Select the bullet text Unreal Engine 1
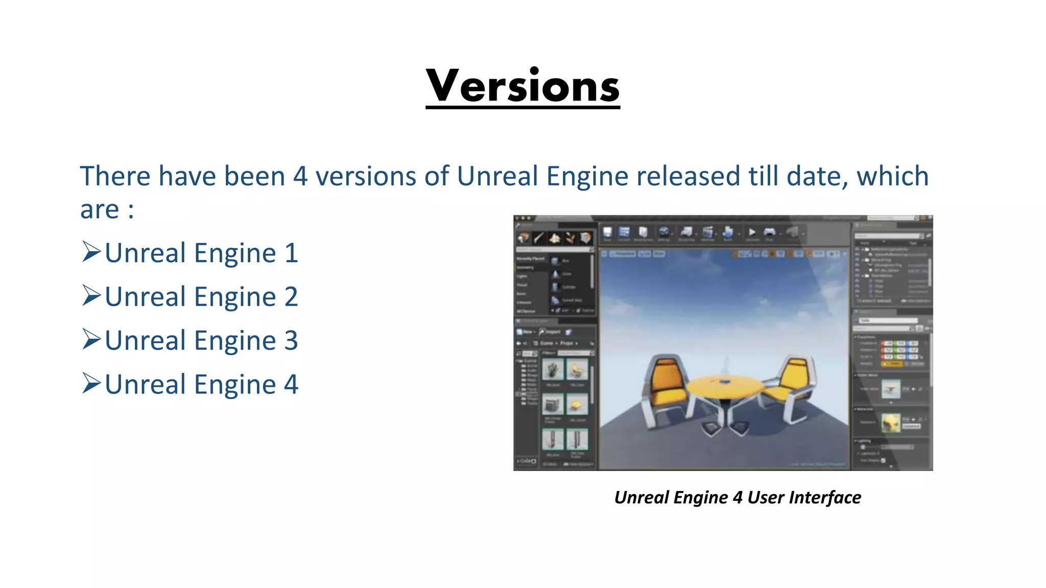point(201,253)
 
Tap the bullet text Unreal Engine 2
point(201,297)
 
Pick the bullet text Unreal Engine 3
point(201,341)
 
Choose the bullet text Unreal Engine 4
point(201,385)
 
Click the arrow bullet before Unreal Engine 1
point(91,252)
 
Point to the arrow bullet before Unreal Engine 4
point(91,383)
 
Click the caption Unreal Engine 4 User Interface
point(737,498)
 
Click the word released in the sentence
point(688,177)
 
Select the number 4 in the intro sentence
point(300,177)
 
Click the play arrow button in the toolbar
point(752,233)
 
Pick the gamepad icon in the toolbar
point(770,233)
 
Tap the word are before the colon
point(100,209)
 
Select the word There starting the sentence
point(115,177)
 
